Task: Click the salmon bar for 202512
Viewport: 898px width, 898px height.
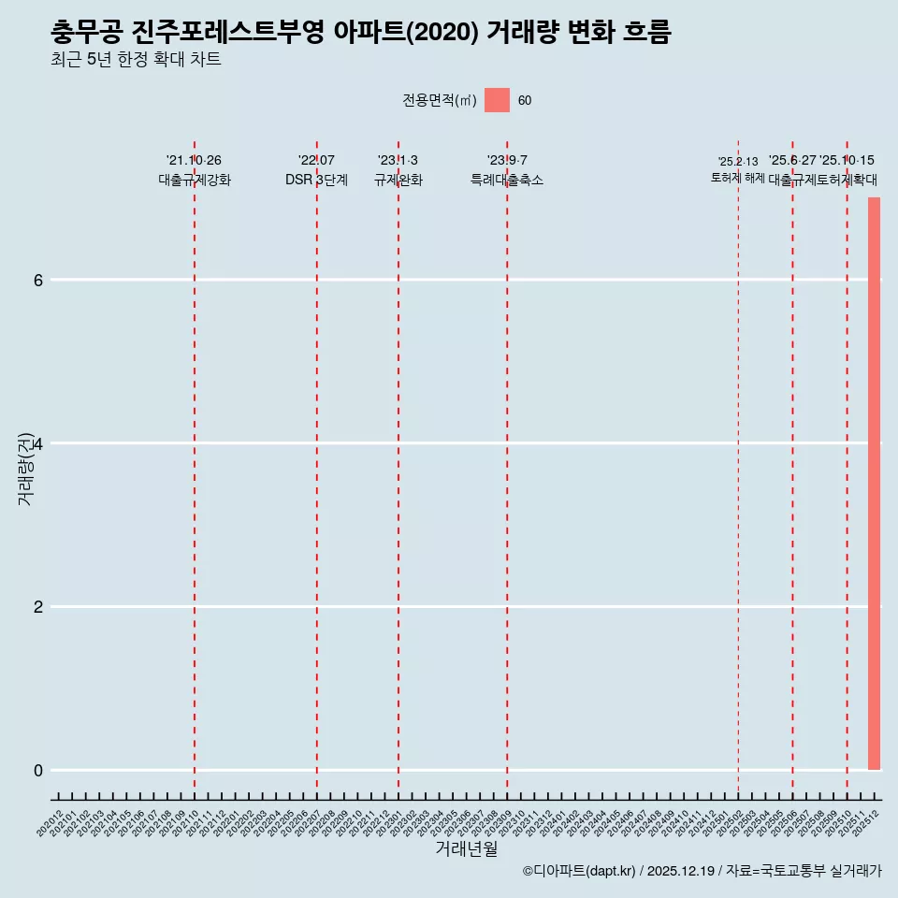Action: coord(874,483)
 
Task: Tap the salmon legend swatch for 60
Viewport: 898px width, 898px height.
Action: coord(497,100)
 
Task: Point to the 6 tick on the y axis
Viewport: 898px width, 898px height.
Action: coord(38,280)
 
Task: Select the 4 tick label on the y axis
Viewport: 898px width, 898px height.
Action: coord(38,443)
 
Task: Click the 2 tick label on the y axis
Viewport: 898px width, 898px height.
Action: coord(38,607)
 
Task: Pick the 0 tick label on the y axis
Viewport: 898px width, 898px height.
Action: coord(38,771)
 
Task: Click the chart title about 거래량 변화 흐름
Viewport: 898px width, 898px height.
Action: coord(361,33)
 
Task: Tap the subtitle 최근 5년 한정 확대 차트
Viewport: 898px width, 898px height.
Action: coord(137,61)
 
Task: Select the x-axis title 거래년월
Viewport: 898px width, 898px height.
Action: coord(466,849)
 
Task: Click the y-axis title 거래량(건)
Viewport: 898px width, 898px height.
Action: coord(26,468)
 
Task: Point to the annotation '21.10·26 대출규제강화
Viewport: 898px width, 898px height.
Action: coord(194,170)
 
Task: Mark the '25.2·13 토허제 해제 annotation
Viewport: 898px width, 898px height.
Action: coord(737,169)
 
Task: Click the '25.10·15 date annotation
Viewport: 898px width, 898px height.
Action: coord(847,161)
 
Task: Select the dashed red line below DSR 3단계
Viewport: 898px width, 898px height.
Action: coord(316,468)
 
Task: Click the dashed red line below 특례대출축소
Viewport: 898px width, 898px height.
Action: coord(507,468)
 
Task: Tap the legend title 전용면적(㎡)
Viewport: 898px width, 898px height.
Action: coord(440,101)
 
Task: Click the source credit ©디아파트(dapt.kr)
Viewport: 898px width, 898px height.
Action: coord(580,871)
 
